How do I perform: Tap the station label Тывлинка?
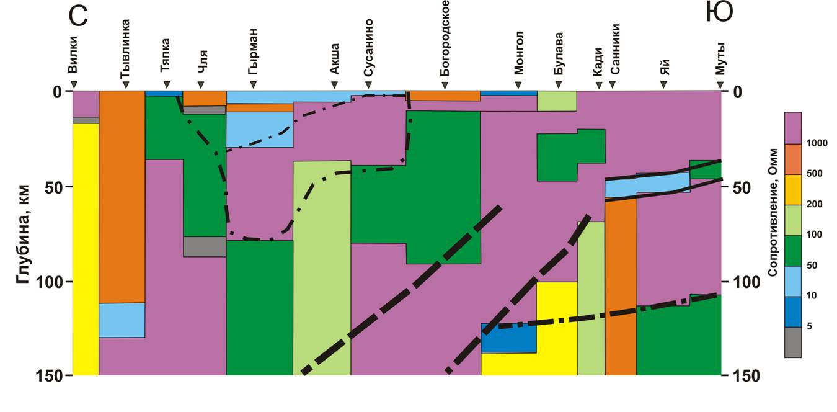(x=125, y=55)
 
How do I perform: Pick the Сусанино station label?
(x=368, y=47)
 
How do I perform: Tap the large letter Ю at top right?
(x=720, y=13)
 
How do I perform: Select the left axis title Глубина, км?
(x=24, y=233)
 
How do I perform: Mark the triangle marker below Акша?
(x=334, y=85)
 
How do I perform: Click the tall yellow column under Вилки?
(x=86, y=248)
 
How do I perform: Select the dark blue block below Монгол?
(x=508, y=338)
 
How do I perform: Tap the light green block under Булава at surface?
(x=557, y=101)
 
